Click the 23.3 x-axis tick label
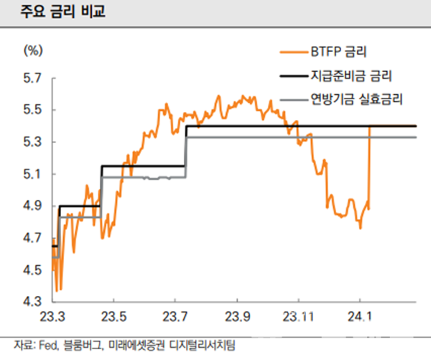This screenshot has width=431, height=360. click(53, 317)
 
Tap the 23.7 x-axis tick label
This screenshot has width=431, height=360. click(176, 317)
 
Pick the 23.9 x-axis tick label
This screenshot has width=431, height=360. click(237, 317)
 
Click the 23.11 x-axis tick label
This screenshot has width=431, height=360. click(300, 317)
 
